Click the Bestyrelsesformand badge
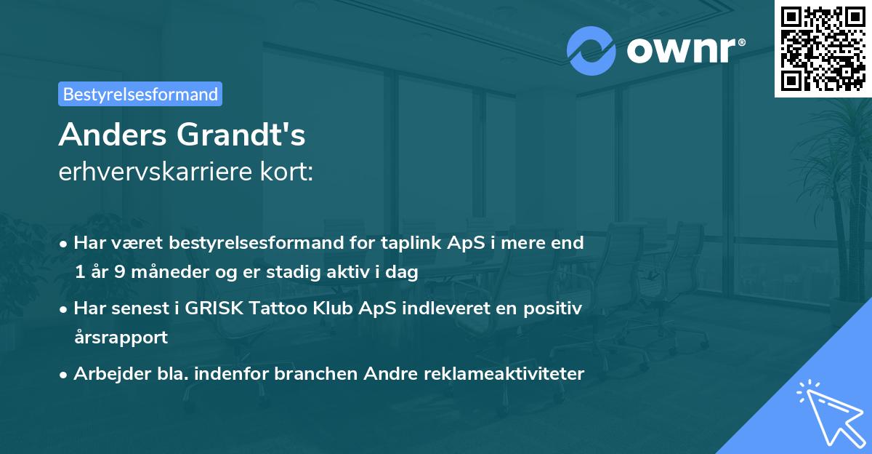click(140, 94)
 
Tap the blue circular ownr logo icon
click(592, 51)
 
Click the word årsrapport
click(121, 337)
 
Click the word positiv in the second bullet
click(554, 308)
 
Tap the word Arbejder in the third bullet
click(108, 374)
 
